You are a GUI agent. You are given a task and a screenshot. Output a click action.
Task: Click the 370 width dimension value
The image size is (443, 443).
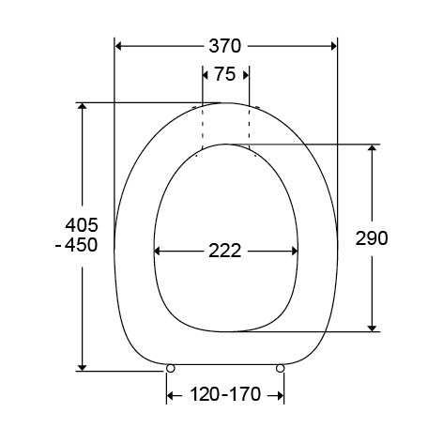225,45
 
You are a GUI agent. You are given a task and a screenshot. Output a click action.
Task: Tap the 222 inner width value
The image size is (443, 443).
226,251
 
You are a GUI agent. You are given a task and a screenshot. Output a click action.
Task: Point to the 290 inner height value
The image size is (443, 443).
372,237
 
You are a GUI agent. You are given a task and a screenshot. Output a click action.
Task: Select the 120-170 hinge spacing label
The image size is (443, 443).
225,395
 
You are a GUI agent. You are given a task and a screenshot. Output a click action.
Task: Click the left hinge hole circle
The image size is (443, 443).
170,369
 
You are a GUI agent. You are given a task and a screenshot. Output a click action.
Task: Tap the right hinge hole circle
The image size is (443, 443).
282,369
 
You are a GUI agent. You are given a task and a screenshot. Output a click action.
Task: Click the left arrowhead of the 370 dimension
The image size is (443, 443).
120,45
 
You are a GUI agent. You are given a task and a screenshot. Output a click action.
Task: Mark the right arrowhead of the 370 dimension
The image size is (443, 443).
331,45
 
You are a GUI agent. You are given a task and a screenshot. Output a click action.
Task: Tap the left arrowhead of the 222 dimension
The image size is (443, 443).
160,251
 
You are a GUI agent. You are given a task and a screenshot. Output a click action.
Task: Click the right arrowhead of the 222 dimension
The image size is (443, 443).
294,251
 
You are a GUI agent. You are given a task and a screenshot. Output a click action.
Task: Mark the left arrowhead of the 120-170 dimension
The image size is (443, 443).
173,395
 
